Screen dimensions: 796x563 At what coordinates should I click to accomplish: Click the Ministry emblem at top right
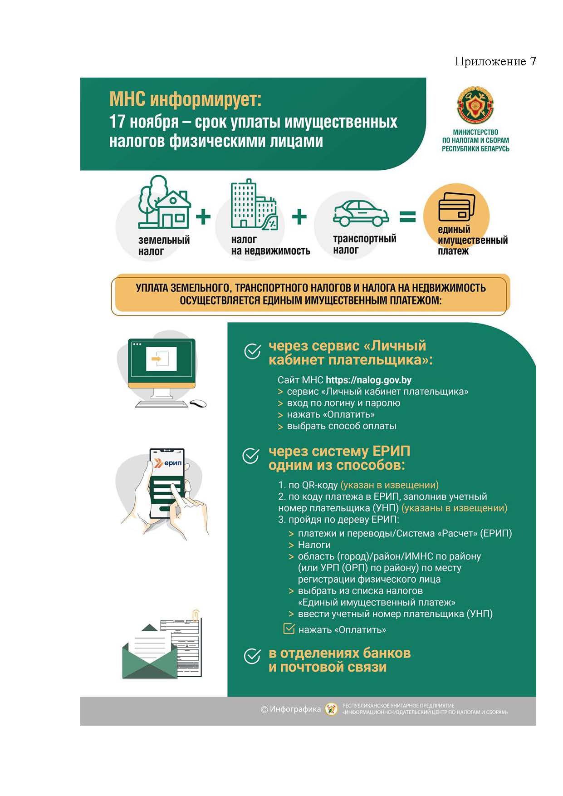tap(475, 104)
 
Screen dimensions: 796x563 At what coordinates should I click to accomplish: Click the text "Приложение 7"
tap(495, 61)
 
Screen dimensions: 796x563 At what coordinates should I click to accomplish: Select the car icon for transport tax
tap(361, 213)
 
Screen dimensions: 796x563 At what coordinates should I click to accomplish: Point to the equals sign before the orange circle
tap(407, 217)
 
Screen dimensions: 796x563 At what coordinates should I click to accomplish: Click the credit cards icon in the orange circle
tap(456, 207)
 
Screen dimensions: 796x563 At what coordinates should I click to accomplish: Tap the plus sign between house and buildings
tap(203, 217)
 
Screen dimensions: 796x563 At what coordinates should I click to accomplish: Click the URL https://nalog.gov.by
tap(368, 380)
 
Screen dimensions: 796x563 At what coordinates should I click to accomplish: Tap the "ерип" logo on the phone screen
tap(169, 463)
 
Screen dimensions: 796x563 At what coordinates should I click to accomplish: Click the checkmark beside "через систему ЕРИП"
tap(251, 456)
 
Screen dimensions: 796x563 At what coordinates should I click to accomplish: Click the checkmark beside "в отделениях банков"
tap(252, 656)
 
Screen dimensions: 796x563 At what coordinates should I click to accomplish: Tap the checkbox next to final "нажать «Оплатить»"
tap(289, 629)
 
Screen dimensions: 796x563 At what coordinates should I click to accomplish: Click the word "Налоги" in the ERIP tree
tap(314, 545)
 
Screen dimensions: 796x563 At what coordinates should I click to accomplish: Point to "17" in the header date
tap(117, 122)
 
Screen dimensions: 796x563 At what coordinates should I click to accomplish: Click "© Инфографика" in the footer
tap(291, 709)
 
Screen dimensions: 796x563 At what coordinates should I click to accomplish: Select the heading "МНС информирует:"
tap(185, 99)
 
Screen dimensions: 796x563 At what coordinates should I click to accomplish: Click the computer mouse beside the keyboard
tap(198, 403)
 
